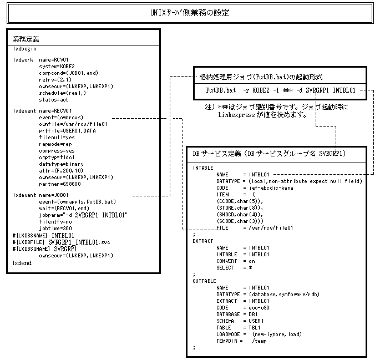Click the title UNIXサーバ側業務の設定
point(189,12)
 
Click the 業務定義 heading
point(27,39)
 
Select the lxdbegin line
point(25,49)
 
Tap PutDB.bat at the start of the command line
point(220,89)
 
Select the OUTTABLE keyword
point(205,281)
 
